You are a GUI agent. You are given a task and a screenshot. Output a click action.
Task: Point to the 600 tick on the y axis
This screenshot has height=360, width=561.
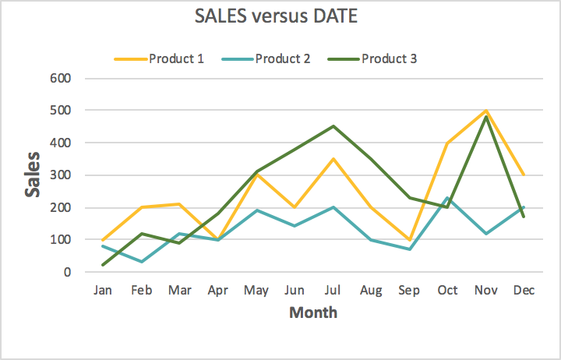[x=62, y=78]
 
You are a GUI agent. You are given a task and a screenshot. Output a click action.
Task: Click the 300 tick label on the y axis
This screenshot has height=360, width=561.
[x=62, y=175]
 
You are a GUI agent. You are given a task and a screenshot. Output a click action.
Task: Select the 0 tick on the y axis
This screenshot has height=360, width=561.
[x=68, y=272]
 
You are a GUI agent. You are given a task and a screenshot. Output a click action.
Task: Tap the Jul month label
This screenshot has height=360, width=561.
[x=333, y=291]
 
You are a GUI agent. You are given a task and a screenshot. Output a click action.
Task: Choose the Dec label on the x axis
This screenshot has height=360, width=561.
[x=524, y=291]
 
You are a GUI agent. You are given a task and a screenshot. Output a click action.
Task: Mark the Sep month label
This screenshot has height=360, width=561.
[x=409, y=291]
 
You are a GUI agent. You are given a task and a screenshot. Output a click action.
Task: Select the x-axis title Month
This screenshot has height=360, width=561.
[x=313, y=313]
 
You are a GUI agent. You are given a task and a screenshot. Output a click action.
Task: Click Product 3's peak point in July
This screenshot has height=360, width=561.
[x=333, y=126]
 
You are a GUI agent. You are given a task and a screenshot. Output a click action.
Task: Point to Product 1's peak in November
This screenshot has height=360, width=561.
[x=485, y=111]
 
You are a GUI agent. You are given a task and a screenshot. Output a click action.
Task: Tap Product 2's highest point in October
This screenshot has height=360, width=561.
[x=447, y=198]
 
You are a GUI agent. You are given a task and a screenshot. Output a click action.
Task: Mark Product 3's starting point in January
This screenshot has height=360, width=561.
[x=104, y=265]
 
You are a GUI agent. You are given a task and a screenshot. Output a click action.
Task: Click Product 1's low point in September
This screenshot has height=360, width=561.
[x=409, y=239]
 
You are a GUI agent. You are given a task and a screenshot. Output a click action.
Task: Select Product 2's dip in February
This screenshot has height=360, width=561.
[x=142, y=261]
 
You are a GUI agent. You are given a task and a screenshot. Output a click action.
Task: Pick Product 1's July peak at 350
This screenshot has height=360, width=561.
[x=333, y=159]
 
